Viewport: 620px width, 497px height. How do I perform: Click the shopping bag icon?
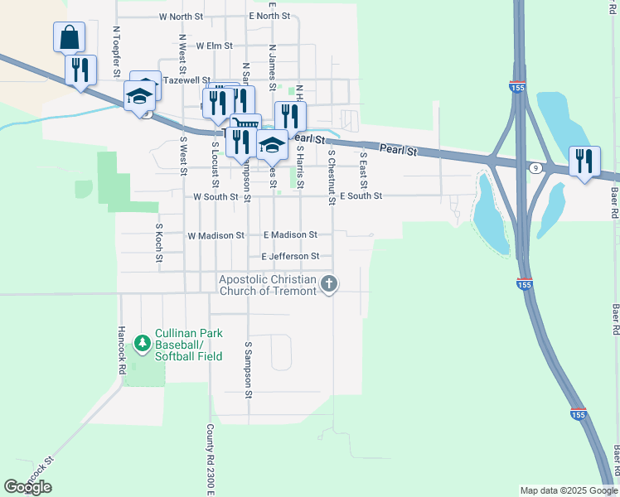pyautogui.click(x=70, y=37)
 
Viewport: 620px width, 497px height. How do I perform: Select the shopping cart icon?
pyautogui.click(x=245, y=128)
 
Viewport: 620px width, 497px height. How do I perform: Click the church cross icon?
pyautogui.click(x=329, y=285)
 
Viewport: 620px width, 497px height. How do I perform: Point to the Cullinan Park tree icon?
pyautogui.click(x=143, y=341)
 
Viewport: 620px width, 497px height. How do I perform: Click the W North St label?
pyautogui.click(x=181, y=17)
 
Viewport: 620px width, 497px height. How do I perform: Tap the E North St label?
pyautogui.click(x=269, y=17)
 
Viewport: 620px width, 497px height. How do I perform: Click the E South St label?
pyautogui.click(x=361, y=196)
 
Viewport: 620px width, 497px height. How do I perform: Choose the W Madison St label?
pyautogui.click(x=216, y=235)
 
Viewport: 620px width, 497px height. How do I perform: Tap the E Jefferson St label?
pyautogui.click(x=290, y=257)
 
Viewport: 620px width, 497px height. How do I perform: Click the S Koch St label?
pyautogui.click(x=159, y=243)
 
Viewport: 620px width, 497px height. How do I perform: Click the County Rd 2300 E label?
pyautogui.click(x=211, y=461)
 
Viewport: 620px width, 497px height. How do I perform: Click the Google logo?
pyautogui.click(x=27, y=487)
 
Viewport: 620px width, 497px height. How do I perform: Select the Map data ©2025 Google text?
pyautogui.click(x=568, y=490)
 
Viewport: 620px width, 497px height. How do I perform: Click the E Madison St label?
pyautogui.click(x=290, y=235)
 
